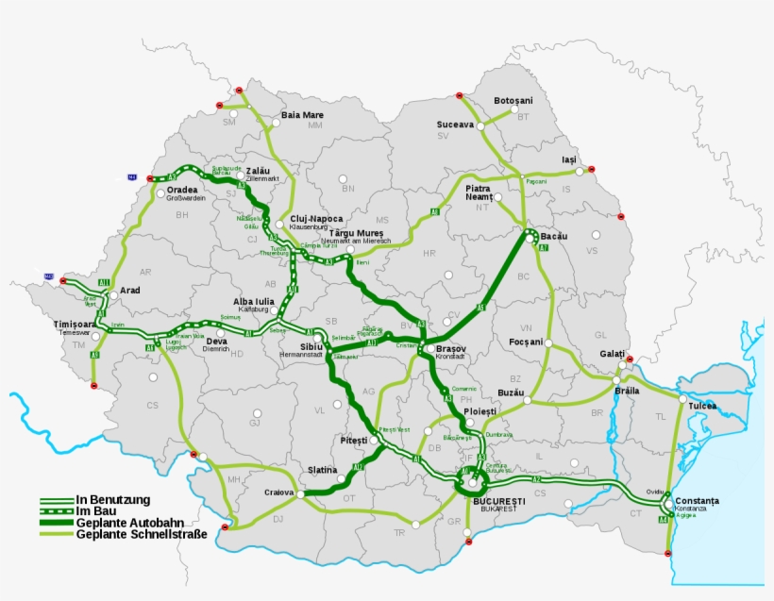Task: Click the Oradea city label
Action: coord(182,189)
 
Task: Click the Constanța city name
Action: coord(697,500)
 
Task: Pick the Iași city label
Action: coord(568,160)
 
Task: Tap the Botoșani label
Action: coord(513,101)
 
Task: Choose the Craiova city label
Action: coord(279,492)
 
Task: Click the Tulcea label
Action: coord(702,407)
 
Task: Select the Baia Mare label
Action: coord(303,115)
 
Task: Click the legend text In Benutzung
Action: coord(114,499)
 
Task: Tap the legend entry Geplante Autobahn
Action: coord(130,523)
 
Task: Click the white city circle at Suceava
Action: coord(480,125)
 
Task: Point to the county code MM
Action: coord(314,125)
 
